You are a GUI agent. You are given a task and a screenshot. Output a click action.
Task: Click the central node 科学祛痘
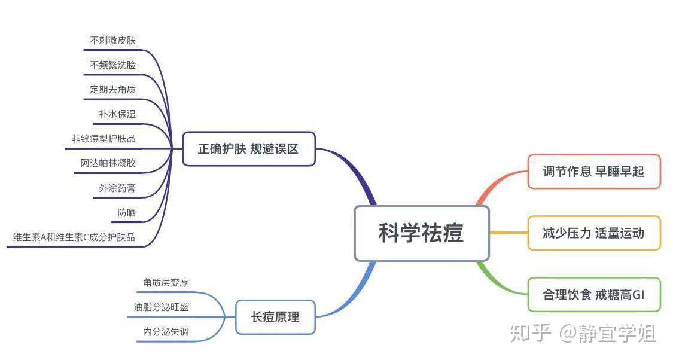point(422,233)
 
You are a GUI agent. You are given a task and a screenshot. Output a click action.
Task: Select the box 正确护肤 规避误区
point(248,149)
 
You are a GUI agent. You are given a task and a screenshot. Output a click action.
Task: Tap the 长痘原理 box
point(275,317)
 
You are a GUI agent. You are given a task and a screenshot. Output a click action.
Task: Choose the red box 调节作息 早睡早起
point(593,172)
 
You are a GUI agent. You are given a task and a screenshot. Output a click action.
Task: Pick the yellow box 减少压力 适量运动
point(593,233)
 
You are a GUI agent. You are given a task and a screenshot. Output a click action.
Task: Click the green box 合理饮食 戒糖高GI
point(593,295)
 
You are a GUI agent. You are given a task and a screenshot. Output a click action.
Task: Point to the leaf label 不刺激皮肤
point(113,40)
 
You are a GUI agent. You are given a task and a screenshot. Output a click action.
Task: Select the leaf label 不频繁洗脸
point(113,65)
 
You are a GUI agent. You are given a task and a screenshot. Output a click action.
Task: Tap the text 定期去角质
point(113,89)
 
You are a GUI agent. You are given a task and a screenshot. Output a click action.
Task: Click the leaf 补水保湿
point(117,114)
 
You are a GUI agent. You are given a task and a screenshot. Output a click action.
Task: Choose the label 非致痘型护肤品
point(103,139)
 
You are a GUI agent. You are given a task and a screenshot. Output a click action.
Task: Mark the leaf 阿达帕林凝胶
point(108,163)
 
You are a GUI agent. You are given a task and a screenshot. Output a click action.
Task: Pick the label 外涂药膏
point(117,188)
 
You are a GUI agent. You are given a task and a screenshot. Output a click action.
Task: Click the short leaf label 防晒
point(127,212)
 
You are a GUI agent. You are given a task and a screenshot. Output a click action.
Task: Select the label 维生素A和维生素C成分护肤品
point(74,237)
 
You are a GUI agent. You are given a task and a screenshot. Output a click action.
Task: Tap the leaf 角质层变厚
point(166,282)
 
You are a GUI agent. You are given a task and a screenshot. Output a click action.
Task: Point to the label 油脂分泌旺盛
point(161,307)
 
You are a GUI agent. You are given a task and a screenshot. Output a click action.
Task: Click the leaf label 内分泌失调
point(166,331)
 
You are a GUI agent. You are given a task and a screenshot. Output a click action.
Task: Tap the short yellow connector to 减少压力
point(508,233)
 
